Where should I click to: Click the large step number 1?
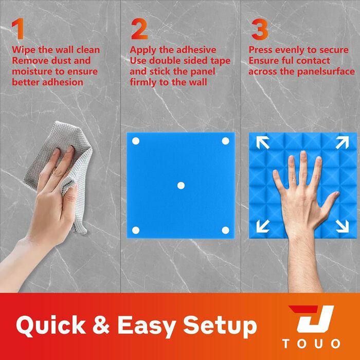tap(18, 29)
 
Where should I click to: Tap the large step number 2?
tap(139, 29)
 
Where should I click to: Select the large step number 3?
tap(259, 29)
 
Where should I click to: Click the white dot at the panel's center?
tap(181, 186)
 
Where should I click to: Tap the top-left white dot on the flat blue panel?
tap(136, 141)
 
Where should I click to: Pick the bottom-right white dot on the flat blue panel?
tap(225, 230)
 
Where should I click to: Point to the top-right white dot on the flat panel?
tap(225, 141)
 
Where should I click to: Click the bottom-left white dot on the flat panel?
tap(136, 230)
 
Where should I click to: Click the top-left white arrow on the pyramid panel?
tap(263, 142)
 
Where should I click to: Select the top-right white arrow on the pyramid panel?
tap(342, 142)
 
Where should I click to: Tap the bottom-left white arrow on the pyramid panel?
tap(263, 226)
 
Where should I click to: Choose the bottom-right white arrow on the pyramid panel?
tap(342, 226)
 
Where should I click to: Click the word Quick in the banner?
tap(50, 326)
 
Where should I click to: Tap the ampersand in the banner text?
tap(101, 325)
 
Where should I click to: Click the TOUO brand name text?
tap(311, 344)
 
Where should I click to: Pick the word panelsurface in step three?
tap(326, 71)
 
